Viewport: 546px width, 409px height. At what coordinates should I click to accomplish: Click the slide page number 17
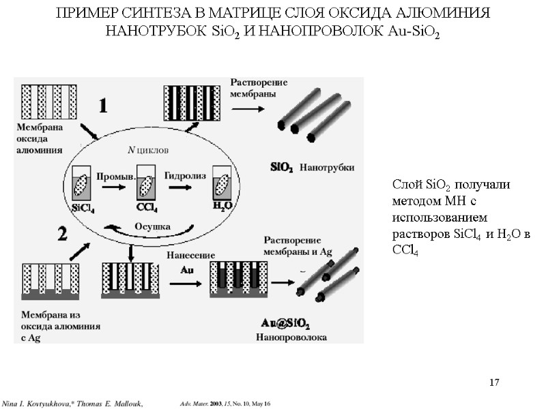494,382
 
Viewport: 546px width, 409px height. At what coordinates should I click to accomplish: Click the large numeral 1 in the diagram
103,106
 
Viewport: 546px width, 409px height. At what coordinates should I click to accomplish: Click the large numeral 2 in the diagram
63,234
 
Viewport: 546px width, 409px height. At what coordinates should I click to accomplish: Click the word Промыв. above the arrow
113,175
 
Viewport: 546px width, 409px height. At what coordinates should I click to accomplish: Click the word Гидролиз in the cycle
184,175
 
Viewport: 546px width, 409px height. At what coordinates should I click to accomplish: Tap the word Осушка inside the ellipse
152,226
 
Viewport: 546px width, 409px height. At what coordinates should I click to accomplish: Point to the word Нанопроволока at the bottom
291,337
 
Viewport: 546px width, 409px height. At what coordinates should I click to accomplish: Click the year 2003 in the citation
217,405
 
